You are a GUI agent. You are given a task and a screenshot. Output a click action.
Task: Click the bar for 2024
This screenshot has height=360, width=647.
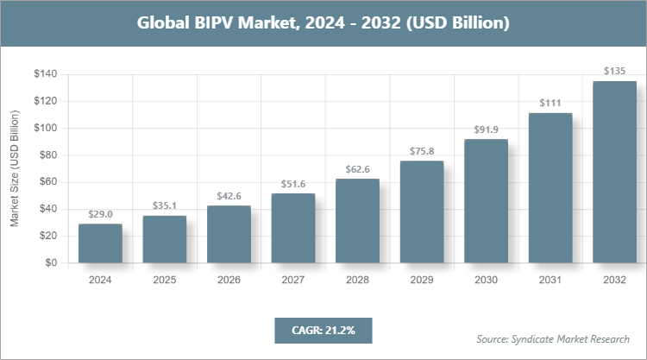(x=100, y=243)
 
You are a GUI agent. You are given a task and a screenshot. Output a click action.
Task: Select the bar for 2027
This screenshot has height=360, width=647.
(x=293, y=228)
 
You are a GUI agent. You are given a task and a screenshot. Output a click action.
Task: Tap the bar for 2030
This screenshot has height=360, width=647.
(x=486, y=200)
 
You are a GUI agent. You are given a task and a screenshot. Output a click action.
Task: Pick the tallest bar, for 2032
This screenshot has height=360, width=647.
(x=614, y=172)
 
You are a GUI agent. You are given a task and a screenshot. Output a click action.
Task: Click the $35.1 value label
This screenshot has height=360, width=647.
(x=165, y=206)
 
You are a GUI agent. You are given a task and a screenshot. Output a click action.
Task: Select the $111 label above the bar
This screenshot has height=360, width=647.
(x=550, y=104)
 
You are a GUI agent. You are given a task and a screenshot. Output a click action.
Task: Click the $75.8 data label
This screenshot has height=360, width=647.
(x=422, y=151)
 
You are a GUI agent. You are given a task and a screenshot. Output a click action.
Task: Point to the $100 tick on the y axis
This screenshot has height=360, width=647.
(x=45, y=128)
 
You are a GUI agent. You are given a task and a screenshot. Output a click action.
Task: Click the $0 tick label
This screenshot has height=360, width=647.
(x=51, y=262)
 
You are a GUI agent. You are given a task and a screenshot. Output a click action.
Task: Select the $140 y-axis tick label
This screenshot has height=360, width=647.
(x=45, y=74)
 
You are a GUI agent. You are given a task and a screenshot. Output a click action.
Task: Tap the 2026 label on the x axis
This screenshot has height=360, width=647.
(x=229, y=280)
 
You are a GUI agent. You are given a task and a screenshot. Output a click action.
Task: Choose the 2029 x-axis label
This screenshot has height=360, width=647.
(x=422, y=280)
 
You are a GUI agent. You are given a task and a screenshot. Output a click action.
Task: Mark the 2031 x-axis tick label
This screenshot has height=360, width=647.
(x=550, y=280)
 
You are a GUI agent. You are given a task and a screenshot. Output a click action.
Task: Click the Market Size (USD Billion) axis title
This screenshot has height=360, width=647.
(x=15, y=168)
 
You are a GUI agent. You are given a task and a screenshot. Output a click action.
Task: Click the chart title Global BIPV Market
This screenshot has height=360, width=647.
(x=323, y=23)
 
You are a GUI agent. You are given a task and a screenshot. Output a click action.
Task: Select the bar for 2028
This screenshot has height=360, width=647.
(x=357, y=220)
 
